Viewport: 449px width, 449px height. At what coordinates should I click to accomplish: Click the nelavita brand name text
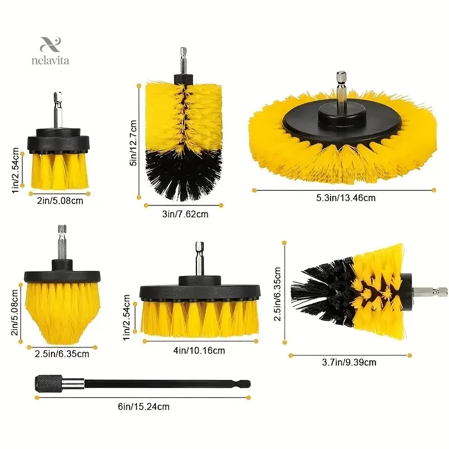tap(50, 61)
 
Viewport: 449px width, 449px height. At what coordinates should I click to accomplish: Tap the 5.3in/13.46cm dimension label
tap(346, 198)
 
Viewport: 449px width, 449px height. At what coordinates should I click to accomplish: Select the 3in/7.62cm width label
tap(185, 214)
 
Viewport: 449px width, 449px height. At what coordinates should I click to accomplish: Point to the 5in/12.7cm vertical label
tap(134, 143)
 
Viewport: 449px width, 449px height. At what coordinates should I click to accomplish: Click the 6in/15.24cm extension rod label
tap(144, 406)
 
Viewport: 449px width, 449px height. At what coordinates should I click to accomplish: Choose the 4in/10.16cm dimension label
tap(199, 350)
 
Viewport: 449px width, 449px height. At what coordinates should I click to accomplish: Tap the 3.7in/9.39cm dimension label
tap(349, 362)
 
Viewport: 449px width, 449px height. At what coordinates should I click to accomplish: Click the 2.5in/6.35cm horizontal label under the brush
tap(62, 354)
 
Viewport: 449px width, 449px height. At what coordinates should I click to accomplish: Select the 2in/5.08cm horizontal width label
tap(60, 200)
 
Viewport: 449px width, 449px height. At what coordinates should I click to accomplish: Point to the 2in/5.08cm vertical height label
tap(15, 312)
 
